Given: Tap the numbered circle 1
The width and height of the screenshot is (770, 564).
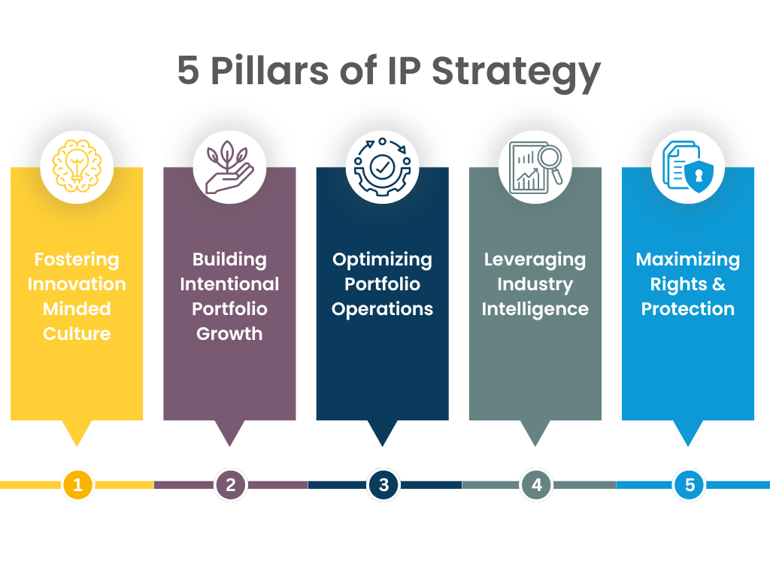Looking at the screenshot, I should [x=77, y=485].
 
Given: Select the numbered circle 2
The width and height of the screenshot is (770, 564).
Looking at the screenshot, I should [x=230, y=485].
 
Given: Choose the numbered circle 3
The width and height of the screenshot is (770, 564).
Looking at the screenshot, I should [x=383, y=485].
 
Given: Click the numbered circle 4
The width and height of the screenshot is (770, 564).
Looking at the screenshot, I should [x=536, y=485].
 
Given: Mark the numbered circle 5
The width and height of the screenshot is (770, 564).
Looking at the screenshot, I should [x=690, y=485].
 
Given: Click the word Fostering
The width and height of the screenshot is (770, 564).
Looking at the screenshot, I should [x=77, y=260].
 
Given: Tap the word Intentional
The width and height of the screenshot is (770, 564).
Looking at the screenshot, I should [x=229, y=284].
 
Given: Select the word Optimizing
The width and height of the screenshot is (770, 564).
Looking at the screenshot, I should [x=382, y=260].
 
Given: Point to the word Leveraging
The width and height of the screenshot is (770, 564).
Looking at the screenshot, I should [x=535, y=260].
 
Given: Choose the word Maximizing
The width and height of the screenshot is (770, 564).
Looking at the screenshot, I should [x=687, y=260].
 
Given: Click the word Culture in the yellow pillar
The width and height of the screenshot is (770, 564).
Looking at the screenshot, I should [x=77, y=333].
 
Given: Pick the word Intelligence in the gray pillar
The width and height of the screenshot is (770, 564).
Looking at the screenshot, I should [x=535, y=309].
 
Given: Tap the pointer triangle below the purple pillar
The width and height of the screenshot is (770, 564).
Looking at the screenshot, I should [x=229, y=432].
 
